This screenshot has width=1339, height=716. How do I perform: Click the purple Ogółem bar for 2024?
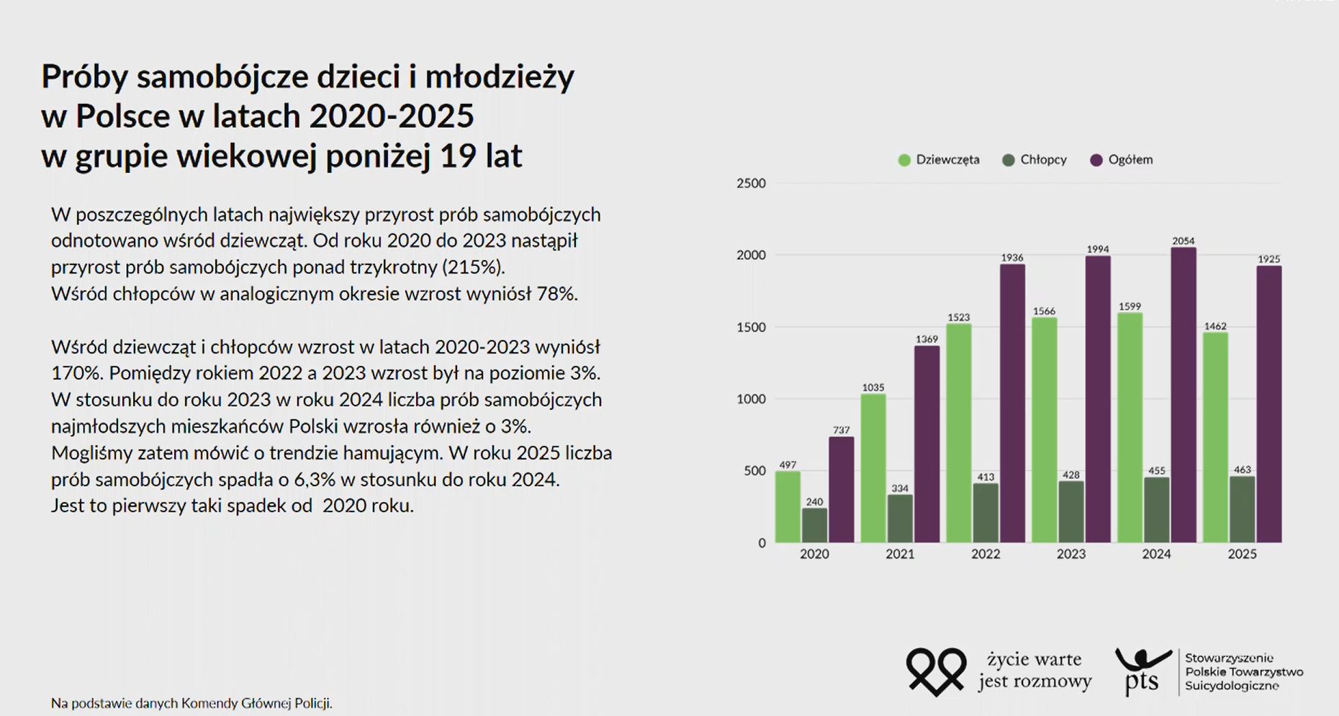(1183, 396)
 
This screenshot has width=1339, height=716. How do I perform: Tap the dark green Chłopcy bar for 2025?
(1242, 509)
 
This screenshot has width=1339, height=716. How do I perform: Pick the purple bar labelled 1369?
(927, 444)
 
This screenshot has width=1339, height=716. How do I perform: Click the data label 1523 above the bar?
(958, 317)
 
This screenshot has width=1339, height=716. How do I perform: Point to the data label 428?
(1070, 475)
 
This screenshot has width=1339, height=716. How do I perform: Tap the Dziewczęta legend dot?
(904, 160)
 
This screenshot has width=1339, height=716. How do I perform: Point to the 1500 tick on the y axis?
(751, 327)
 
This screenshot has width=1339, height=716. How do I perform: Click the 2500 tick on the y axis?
(751, 184)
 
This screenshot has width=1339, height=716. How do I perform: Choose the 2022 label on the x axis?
(985, 554)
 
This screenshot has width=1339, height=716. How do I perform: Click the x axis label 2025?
(1242, 554)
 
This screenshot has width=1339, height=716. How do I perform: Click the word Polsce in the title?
(122, 116)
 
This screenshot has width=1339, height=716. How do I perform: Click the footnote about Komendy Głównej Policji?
(191, 703)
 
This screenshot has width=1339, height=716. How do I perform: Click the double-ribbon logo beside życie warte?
(936, 671)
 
